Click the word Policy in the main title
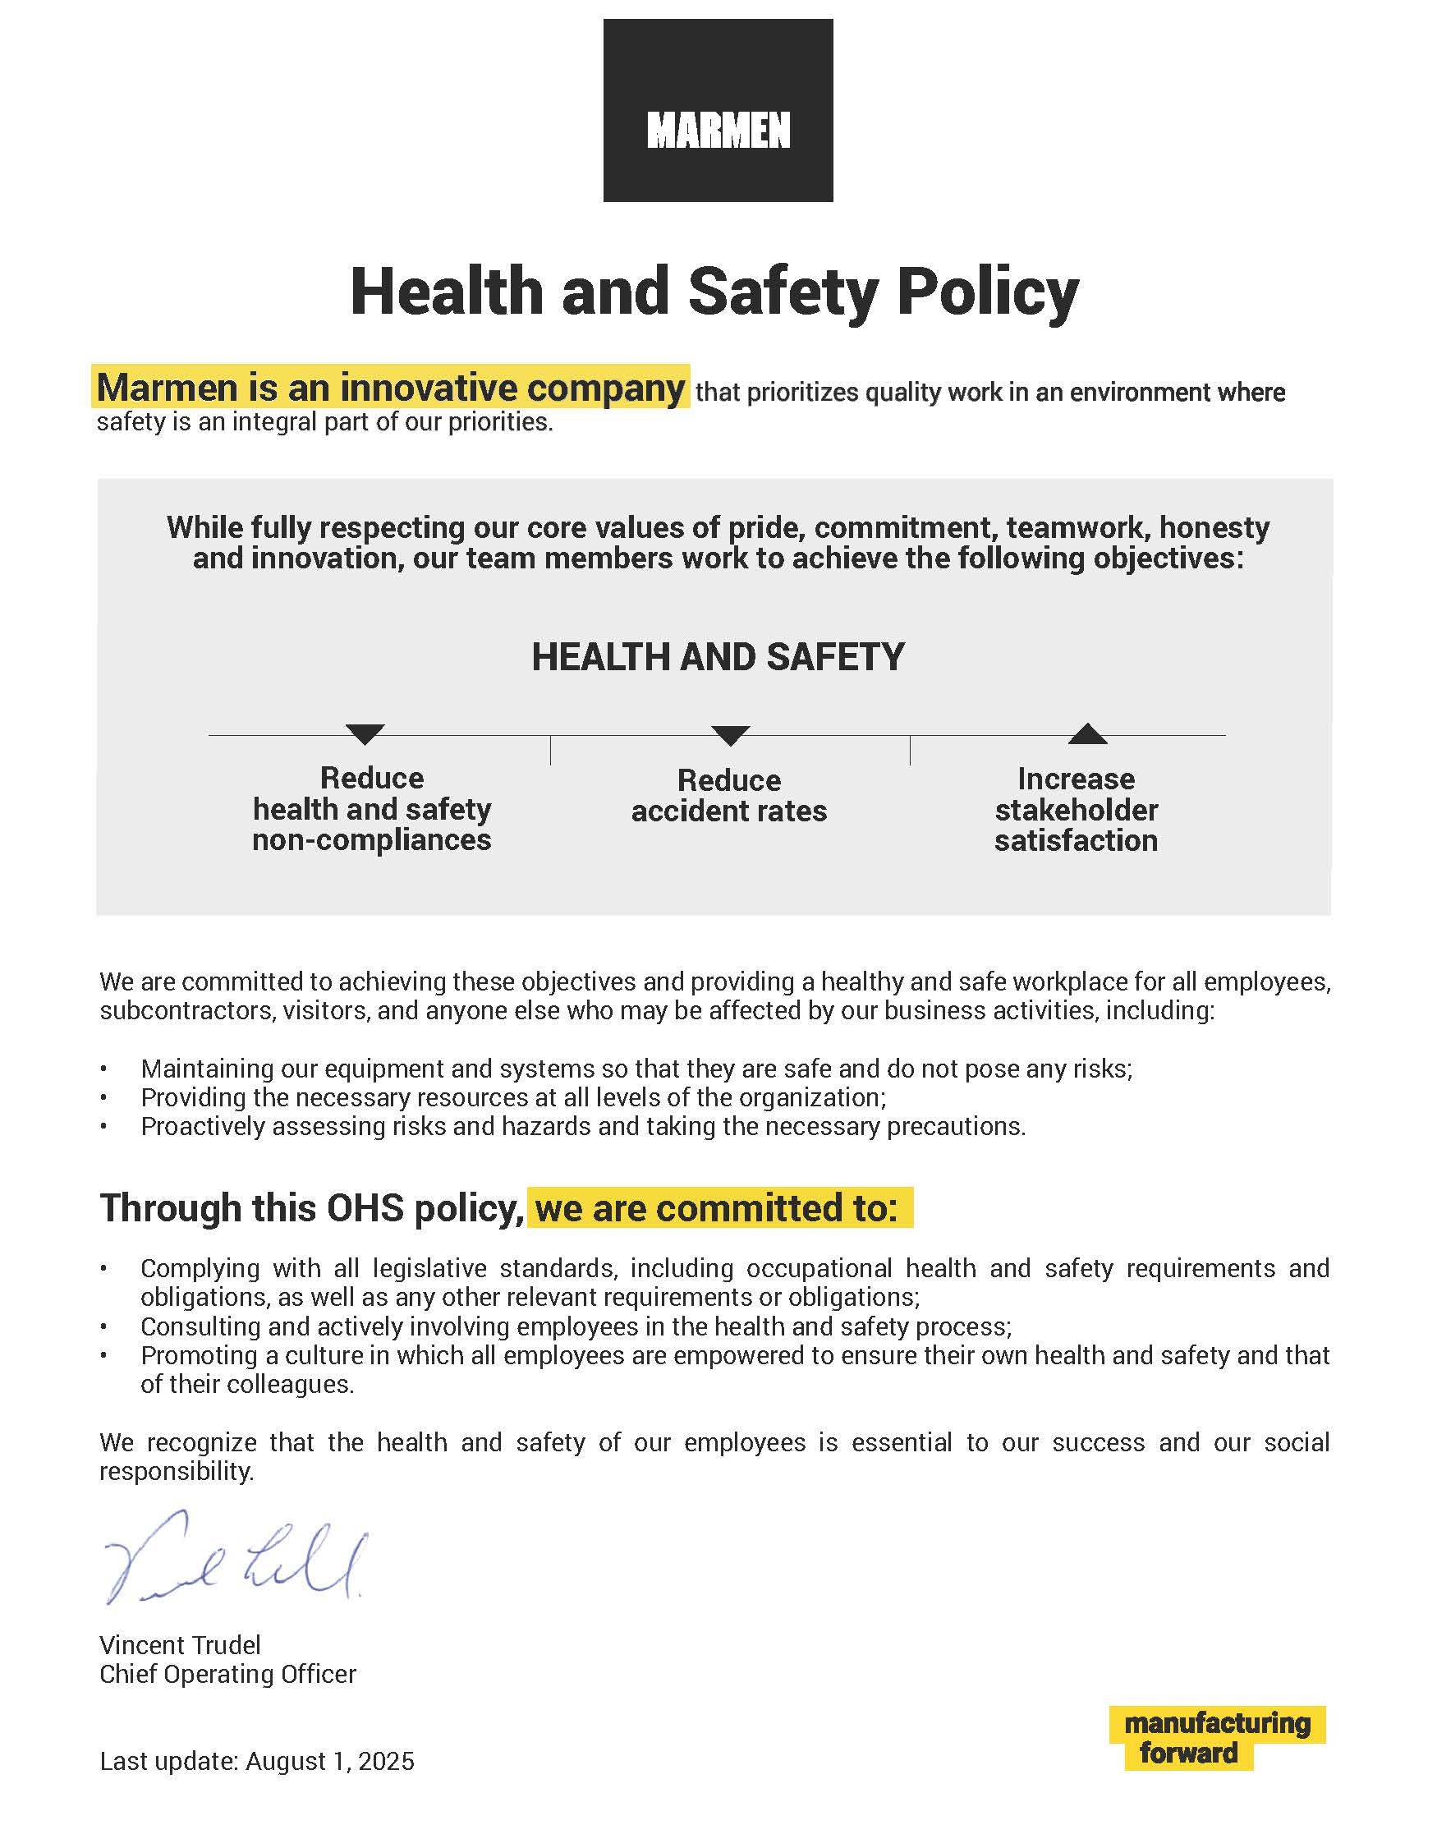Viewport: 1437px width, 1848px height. (987, 292)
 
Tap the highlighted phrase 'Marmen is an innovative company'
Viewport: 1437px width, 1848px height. (390, 388)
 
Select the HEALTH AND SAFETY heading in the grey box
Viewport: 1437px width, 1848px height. (717, 657)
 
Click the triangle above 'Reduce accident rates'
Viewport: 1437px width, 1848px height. (730, 734)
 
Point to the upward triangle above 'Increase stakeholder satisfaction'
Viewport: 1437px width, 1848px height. (1087, 734)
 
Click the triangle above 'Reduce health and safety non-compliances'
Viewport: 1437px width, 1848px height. (365, 733)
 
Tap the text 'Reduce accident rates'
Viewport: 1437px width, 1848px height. (728, 795)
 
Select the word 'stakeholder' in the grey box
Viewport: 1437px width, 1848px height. (1076, 810)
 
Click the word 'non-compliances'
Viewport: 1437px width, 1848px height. (371, 840)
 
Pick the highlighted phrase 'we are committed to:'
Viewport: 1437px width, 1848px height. (717, 1208)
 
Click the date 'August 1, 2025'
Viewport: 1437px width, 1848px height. (330, 1761)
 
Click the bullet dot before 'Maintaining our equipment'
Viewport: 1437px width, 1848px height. (104, 1069)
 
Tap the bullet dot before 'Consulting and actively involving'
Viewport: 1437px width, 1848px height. (104, 1326)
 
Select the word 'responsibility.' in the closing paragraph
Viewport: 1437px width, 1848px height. (176, 1472)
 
